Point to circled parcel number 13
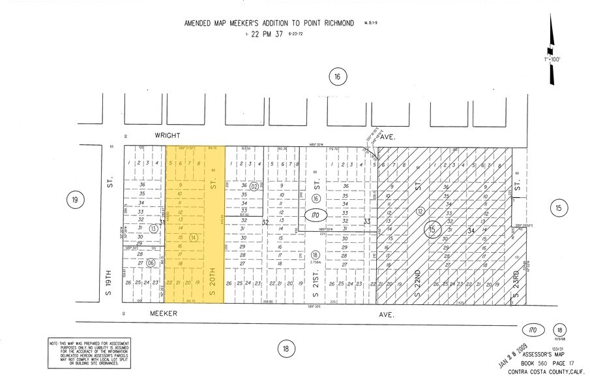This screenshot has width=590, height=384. click(x=153, y=229)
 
